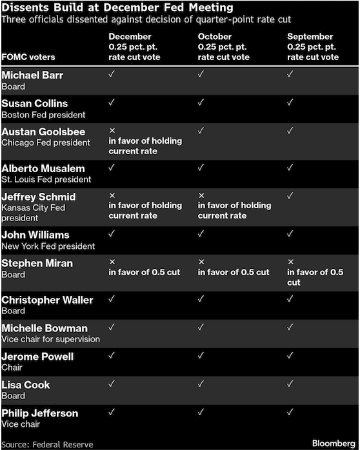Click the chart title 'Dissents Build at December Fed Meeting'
[x=117, y=7]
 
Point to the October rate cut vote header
[x=223, y=47]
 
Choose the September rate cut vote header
[x=313, y=47]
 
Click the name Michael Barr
[x=32, y=75]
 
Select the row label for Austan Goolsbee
[x=43, y=132]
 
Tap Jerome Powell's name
[x=37, y=357]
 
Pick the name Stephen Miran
[x=37, y=263]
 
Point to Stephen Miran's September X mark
[x=290, y=262]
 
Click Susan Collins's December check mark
[x=112, y=103]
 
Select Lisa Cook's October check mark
[x=201, y=384]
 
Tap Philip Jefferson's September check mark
[x=290, y=413]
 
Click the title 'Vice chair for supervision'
[x=50, y=339]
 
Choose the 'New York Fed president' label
[x=48, y=246]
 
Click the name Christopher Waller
[x=47, y=300]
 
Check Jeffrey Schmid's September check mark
[x=290, y=195]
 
